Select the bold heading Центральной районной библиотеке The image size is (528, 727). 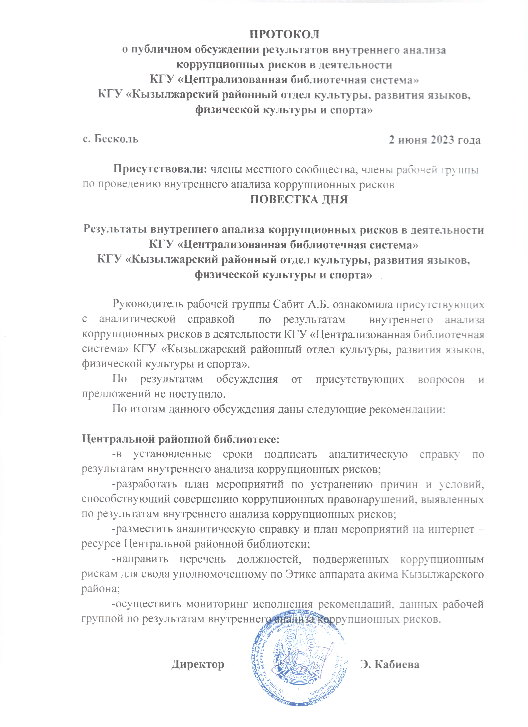(181, 439)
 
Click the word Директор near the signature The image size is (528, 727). (198, 664)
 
